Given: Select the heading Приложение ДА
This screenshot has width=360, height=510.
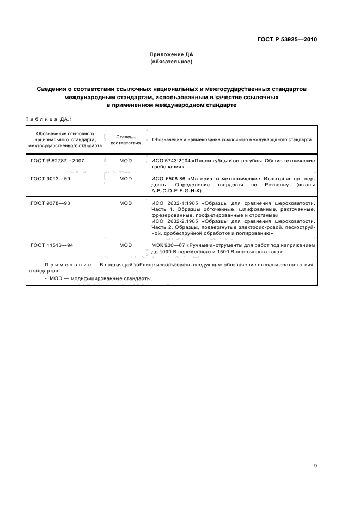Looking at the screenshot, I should [172, 54].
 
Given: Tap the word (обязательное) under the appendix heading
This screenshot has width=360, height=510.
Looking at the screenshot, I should [172, 62].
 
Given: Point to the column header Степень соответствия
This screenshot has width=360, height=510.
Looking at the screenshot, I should [126, 139].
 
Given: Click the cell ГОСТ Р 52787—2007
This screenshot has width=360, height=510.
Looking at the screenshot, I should [58, 161].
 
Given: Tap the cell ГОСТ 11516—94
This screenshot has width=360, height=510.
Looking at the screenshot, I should [52, 245].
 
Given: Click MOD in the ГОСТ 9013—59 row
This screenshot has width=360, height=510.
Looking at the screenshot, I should [126, 178].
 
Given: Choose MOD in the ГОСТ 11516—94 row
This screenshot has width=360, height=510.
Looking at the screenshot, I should [126, 245].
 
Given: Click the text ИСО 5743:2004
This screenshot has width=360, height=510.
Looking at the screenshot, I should [170, 161].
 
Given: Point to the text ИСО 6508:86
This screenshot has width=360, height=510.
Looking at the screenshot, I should [168, 178].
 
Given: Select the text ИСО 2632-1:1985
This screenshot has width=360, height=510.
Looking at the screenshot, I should [173, 203].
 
